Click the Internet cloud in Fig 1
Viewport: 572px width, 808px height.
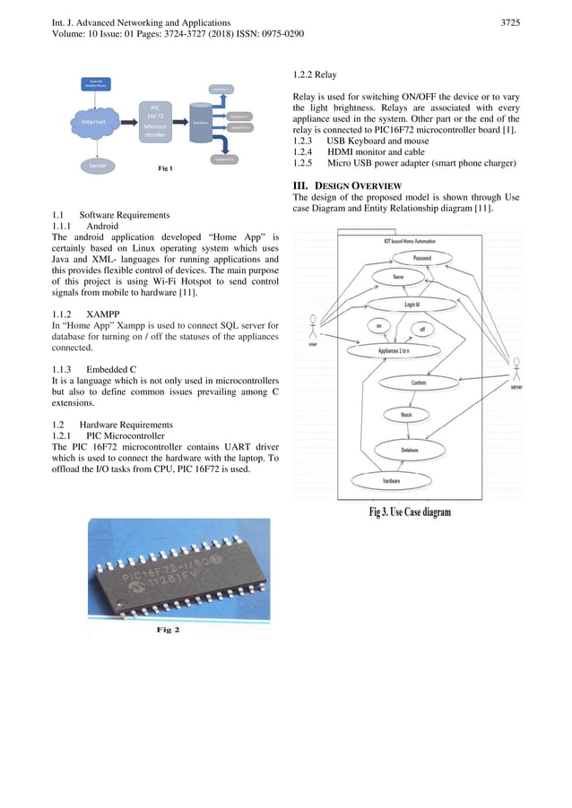(96, 124)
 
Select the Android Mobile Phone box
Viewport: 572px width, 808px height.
(95, 82)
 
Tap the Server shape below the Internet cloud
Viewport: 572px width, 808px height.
(95, 166)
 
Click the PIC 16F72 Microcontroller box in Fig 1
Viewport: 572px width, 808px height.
(153, 123)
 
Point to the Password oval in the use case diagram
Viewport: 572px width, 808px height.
(421, 258)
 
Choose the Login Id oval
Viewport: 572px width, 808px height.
(412, 305)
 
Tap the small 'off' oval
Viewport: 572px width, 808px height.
(422, 329)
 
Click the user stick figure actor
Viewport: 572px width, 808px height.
(313, 328)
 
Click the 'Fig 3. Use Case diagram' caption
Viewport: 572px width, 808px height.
(410, 512)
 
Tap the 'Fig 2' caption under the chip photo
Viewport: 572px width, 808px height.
(169, 631)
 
